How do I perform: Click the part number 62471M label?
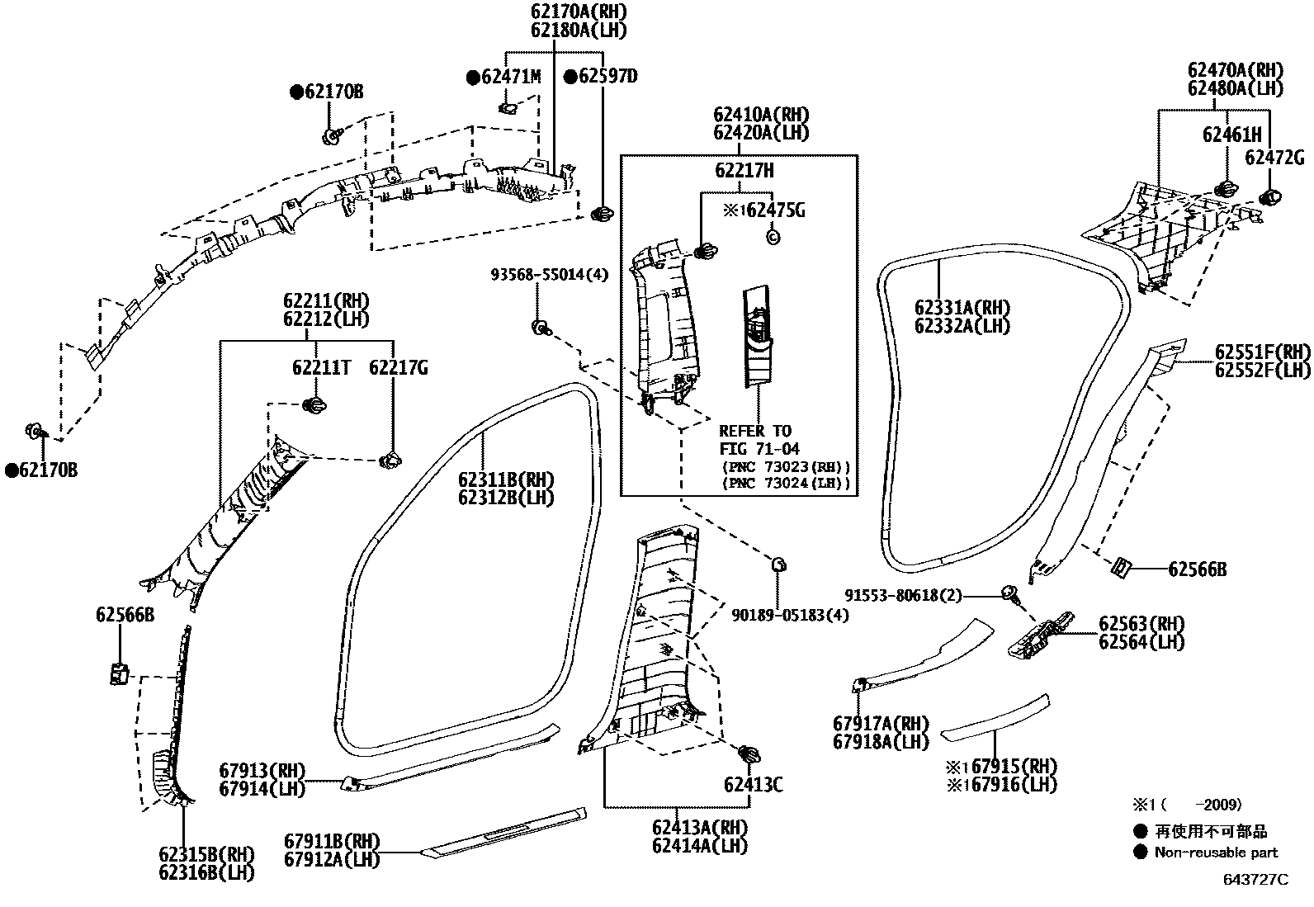click(510, 77)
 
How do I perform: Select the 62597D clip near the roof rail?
click(603, 215)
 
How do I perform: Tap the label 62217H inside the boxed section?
click(744, 170)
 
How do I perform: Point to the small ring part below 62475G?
click(773, 237)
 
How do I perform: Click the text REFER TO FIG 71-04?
click(754, 440)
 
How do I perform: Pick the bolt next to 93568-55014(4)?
click(541, 328)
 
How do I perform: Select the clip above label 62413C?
click(749, 753)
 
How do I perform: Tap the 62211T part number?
click(320, 367)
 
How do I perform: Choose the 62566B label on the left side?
click(124, 614)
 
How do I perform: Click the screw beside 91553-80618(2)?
click(1009, 593)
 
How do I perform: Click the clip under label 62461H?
click(1225, 189)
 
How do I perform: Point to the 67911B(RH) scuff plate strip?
click(503, 834)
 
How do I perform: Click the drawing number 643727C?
click(1255, 879)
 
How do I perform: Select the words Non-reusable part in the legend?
click(1216, 853)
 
